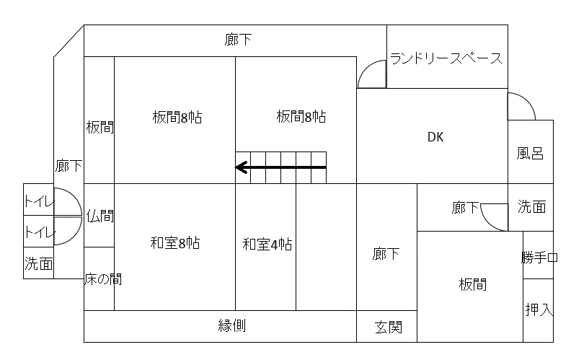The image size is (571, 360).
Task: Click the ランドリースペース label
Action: (x=446, y=58)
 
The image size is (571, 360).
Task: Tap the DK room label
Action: (x=435, y=137)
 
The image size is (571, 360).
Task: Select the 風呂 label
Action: (x=530, y=153)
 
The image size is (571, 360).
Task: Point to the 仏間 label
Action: (x=99, y=216)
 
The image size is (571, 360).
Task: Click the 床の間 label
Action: (x=103, y=279)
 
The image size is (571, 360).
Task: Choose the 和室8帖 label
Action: (x=175, y=242)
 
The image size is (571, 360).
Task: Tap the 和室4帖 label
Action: (x=267, y=244)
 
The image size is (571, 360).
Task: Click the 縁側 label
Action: (x=232, y=325)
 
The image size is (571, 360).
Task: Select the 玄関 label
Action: (x=388, y=327)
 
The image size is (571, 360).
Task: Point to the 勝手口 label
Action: (x=539, y=258)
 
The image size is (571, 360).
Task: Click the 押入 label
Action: (x=539, y=309)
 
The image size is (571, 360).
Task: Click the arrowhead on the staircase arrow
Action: (x=242, y=167)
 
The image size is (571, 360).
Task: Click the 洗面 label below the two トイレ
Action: (x=39, y=263)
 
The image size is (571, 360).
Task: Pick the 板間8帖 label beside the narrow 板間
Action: (x=177, y=118)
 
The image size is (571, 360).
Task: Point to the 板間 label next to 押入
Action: (x=473, y=284)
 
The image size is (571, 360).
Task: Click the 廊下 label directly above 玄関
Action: (x=386, y=254)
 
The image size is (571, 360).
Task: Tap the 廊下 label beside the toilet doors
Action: (x=68, y=166)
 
